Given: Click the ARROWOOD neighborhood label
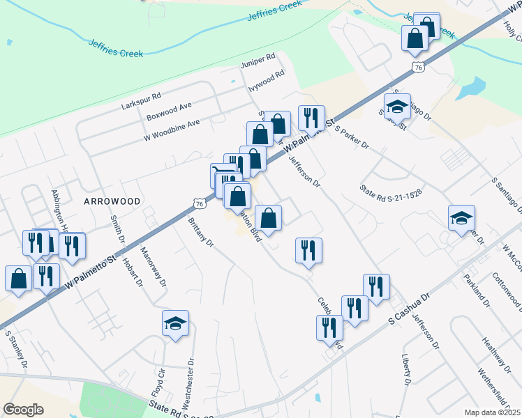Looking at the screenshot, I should coord(112,201).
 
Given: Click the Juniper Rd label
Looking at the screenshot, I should coord(258,63).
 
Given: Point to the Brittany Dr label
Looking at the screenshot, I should coord(200,234).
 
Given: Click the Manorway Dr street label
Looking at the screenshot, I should coord(153,268).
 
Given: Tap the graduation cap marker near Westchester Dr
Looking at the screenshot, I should coord(175,323).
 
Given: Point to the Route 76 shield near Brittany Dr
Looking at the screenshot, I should coord(200,203).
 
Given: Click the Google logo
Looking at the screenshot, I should coord(23,409).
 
